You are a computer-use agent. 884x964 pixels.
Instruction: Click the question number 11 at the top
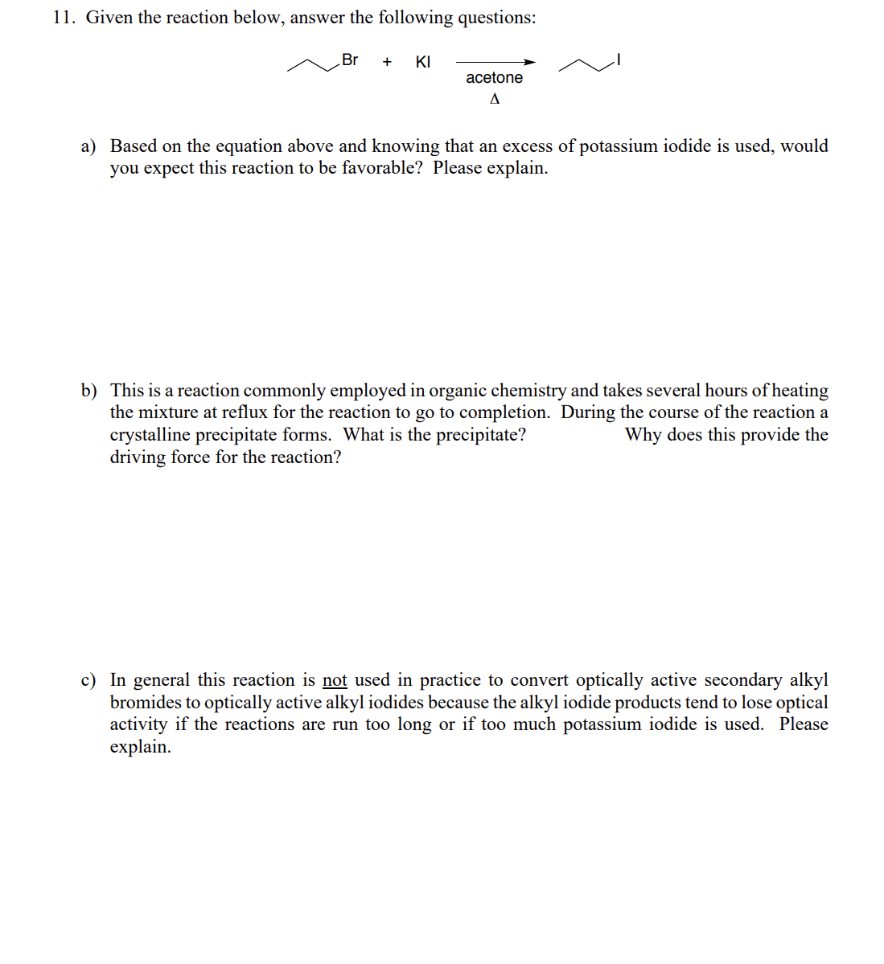click(64, 18)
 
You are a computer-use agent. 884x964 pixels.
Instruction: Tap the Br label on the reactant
click(350, 59)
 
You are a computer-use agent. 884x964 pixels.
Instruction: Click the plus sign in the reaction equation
click(387, 62)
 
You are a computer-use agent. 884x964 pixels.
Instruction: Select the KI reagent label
click(423, 62)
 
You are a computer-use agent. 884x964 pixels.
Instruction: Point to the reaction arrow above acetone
click(495, 62)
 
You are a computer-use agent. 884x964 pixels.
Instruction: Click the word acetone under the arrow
click(494, 78)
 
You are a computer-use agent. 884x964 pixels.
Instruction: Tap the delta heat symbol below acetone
click(495, 99)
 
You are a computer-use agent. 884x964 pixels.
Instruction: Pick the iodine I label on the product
click(618, 59)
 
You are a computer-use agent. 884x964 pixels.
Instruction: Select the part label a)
click(88, 146)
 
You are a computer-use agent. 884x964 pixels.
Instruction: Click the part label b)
click(88, 391)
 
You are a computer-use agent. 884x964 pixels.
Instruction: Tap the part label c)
click(88, 680)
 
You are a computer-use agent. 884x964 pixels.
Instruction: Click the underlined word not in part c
click(335, 680)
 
